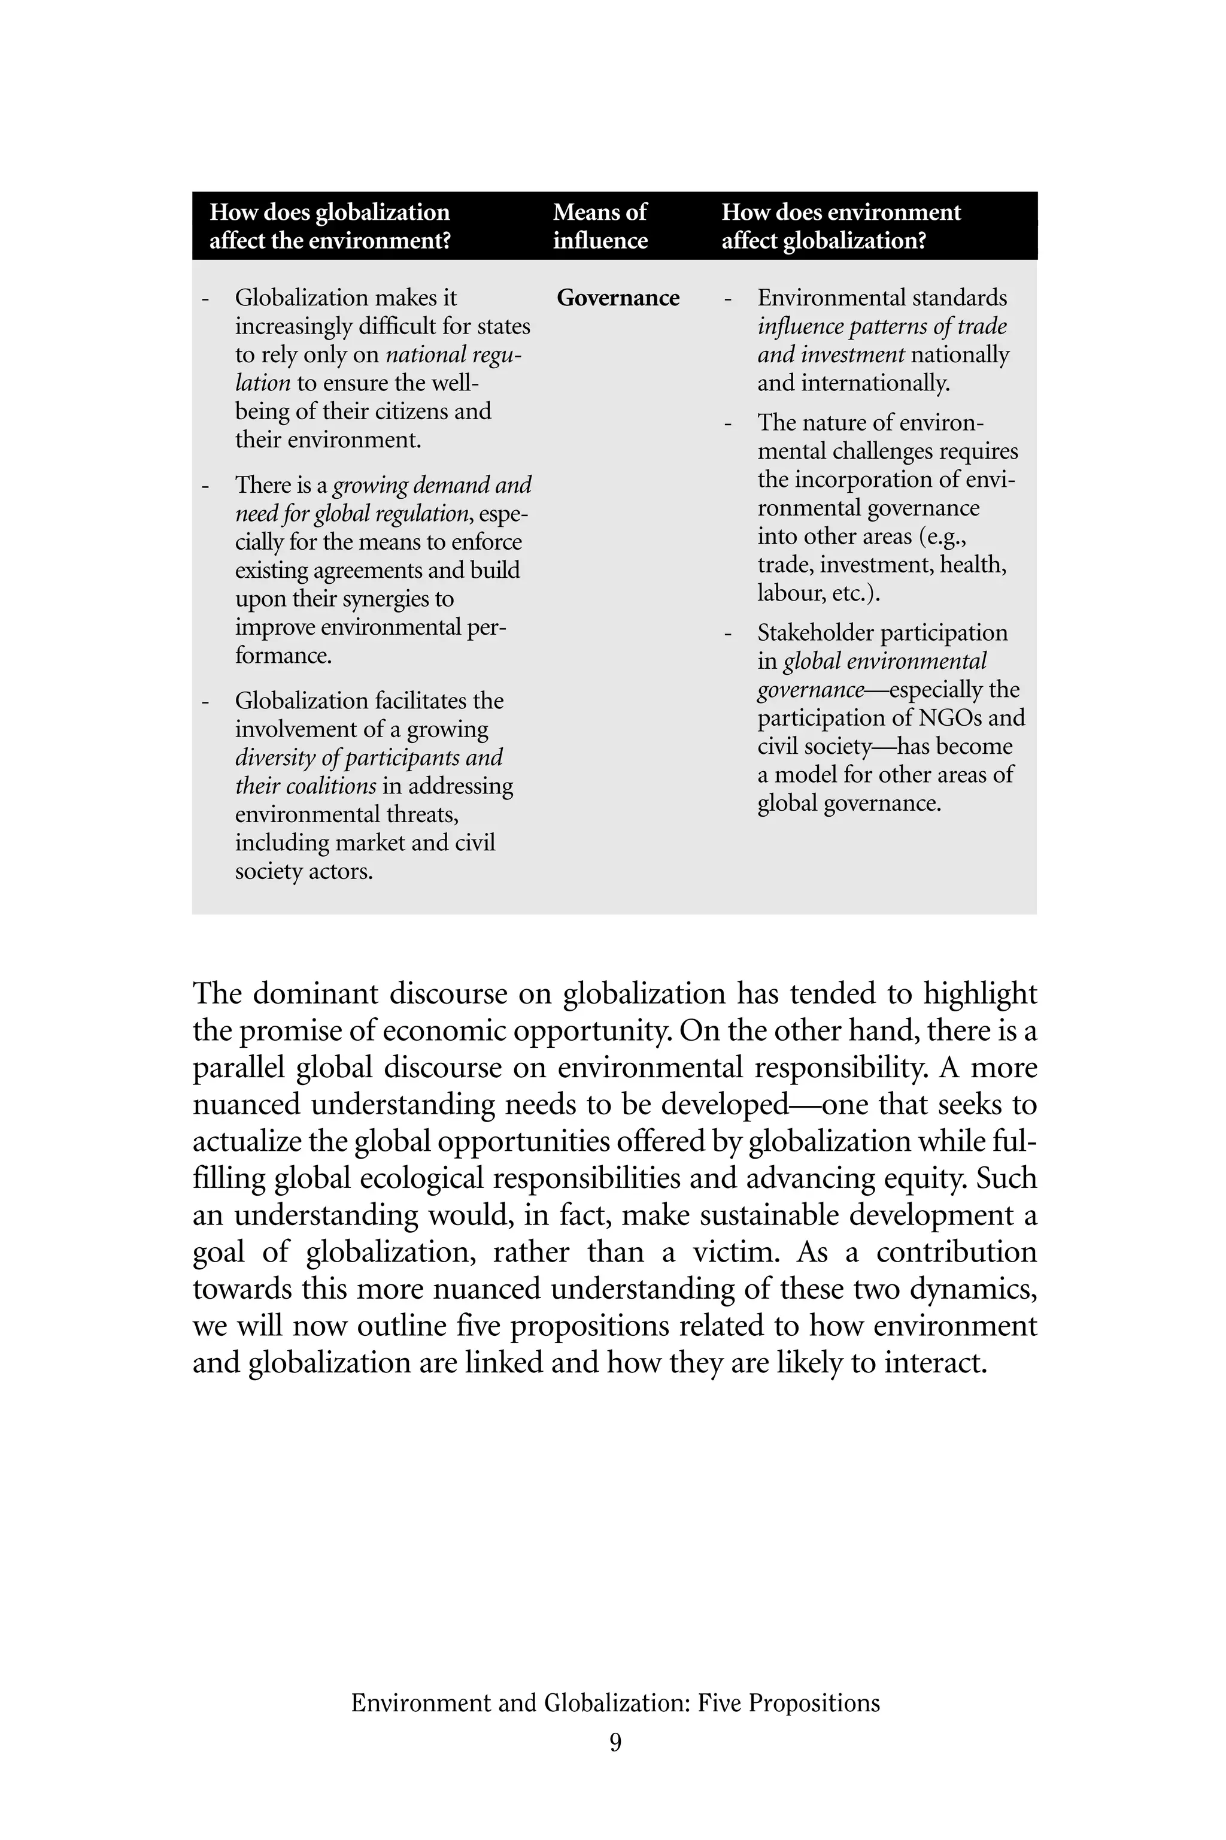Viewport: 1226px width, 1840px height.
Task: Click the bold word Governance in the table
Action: (x=618, y=298)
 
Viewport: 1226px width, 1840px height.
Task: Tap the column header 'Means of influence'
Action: (x=600, y=226)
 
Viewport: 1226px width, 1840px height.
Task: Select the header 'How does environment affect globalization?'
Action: (x=840, y=226)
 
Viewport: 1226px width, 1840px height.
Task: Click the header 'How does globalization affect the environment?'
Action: (x=330, y=226)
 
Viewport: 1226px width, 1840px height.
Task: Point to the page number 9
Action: (x=615, y=1742)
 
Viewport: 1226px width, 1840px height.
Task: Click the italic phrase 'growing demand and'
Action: (x=432, y=486)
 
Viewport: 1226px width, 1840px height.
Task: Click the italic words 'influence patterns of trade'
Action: (x=881, y=327)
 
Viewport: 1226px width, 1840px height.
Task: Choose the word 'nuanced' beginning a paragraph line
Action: (x=246, y=1104)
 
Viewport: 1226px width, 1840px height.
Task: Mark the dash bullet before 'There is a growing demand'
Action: (x=206, y=486)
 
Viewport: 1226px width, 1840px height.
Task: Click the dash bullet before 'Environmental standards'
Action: (x=728, y=299)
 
